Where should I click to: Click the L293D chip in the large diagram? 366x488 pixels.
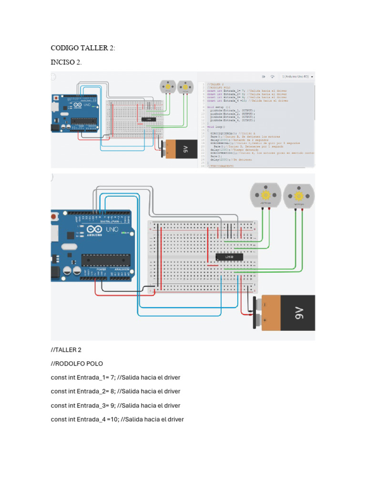click(x=230, y=257)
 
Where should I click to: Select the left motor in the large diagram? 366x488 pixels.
click(x=265, y=196)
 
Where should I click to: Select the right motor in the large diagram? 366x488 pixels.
click(x=298, y=197)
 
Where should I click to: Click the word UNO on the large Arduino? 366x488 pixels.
click(x=112, y=230)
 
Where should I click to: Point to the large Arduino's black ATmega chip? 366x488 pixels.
click(x=105, y=260)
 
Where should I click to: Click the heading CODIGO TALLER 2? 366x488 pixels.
click(x=82, y=48)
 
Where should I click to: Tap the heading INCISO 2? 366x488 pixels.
click(x=66, y=62)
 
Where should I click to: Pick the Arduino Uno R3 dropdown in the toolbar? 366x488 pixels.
click(x=297, y=76)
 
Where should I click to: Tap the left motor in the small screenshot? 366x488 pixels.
click(x=168, y=87)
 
